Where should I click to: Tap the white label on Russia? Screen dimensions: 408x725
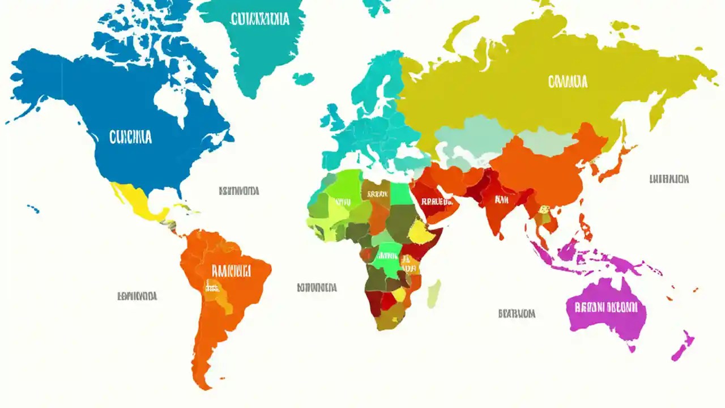(x=568, y=82)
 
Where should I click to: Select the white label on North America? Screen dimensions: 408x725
(x=130, y=137)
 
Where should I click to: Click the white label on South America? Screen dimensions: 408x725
(x=231, y=271)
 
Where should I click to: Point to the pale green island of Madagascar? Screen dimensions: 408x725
(x=434, y=294)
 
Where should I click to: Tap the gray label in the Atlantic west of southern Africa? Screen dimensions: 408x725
(x=317, y=287)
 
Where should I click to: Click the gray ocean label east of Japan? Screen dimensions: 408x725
(x=669, y=179)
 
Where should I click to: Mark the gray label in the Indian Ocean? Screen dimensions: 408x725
(x=517, y=313)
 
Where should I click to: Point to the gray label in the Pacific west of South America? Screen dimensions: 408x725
(x=137, y=296)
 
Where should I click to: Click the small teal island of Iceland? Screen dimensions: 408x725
(x=304, y=79)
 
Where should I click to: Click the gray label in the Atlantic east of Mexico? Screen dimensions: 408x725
(x=238, y=191)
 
